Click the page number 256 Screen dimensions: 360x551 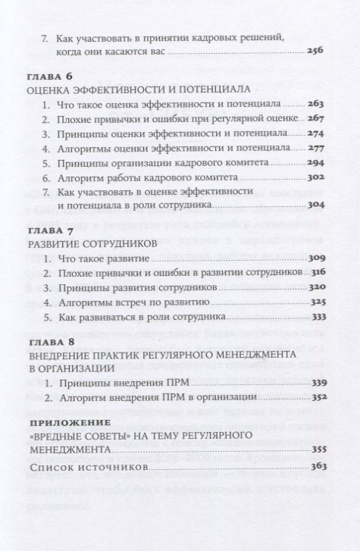point(315,51)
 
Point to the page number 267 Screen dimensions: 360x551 point(315,119)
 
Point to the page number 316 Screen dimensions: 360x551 point(315,274)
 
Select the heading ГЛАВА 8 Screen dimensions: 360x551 point(49,343)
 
